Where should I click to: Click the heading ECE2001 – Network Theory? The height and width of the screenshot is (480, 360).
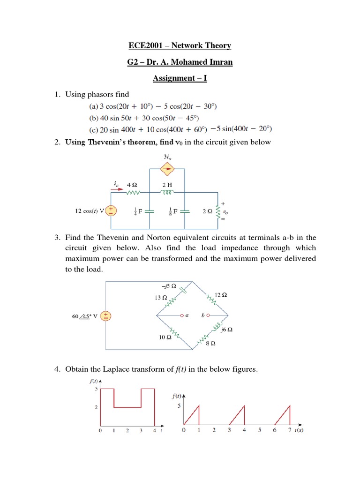(x=180, y=45)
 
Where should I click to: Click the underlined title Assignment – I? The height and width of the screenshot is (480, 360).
(x=180, y=78)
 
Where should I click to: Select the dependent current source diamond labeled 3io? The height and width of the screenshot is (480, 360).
(x=167, y=169)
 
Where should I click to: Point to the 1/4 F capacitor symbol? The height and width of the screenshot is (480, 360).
(x=149, y=211)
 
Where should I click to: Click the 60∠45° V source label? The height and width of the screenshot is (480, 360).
(x=85, y=316)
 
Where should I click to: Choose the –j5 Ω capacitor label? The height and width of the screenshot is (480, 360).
(x=168, y=285)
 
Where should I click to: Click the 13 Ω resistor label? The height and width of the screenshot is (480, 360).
(x=160, y=297)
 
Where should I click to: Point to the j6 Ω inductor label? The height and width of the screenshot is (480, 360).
(x=227, y=330)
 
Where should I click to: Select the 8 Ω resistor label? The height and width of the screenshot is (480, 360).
(x=211, y=344)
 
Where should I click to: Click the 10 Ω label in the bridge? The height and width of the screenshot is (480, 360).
(x=165, y=337)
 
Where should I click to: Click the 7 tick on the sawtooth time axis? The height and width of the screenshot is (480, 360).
(x=290, y=430)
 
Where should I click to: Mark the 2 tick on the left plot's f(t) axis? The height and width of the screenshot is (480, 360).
(x=96, y=408)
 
